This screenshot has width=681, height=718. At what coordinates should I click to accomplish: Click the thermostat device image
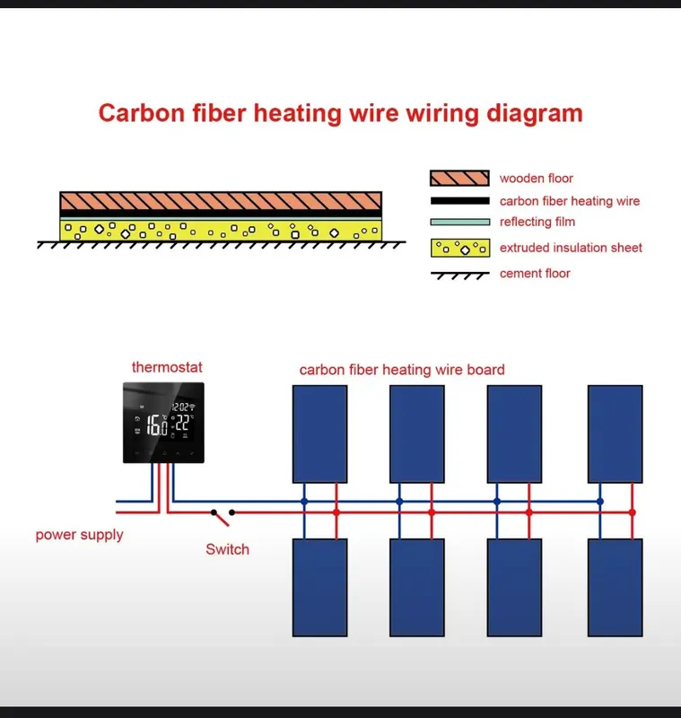pos(163,423)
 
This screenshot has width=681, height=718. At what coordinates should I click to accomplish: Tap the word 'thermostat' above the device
pos(167,367)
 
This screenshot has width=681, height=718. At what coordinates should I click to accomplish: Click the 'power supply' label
pos(79,535)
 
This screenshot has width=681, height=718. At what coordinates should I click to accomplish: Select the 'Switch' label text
pos(228,549)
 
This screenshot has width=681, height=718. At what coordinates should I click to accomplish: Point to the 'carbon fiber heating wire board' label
pos(402,370)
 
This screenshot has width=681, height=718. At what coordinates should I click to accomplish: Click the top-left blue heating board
pos(320,434)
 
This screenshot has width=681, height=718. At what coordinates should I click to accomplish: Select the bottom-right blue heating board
pos(616,588)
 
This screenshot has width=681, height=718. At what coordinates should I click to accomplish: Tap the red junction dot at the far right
pos(632,512)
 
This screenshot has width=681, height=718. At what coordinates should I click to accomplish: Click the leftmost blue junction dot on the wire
pos(304,502)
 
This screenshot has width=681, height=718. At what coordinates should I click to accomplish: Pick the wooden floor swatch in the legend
pos(459,178)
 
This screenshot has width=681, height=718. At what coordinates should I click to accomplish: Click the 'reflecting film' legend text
pos(537,222)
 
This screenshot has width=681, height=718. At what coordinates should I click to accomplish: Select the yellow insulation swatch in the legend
pos(460,248)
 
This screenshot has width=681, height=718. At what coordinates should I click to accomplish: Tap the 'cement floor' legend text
pos(535,274)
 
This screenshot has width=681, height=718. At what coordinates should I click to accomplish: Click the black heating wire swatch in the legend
pos(460,200)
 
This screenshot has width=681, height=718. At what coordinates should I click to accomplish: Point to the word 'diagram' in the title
pos(535,114)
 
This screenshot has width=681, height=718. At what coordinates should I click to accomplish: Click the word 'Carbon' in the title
pos(142,113)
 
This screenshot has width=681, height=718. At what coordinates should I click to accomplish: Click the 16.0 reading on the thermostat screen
pos(156,425)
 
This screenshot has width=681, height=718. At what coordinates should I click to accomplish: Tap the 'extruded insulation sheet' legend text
pos(571,248)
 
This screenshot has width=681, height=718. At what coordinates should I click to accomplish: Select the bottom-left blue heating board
pos(320,588)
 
